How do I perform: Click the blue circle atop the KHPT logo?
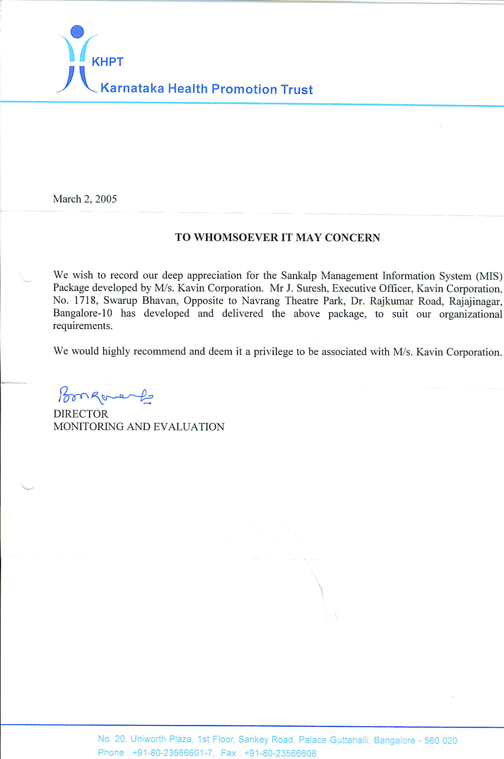click(77, 31)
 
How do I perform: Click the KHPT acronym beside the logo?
click(107, 62)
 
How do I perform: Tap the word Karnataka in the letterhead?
click(132, 88)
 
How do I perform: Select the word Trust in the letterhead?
click(297, 90)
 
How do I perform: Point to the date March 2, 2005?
click(85, 199)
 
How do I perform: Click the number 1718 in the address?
click(85, 301)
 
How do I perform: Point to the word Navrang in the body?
click(260, 301)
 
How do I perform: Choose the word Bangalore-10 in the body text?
click(83, 313)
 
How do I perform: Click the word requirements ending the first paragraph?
click(83, 326)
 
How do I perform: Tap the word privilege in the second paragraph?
click(273, 351)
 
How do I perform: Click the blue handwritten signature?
click(105, 395)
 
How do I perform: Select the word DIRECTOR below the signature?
click(81, 414)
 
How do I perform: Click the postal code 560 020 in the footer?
click(440, 740)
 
